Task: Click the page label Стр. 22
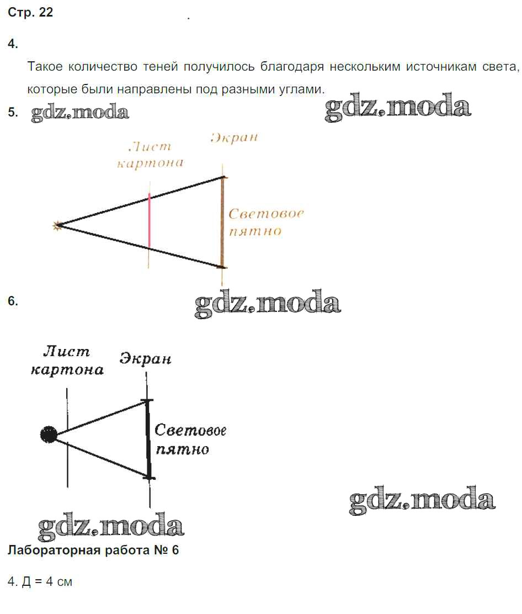point(30,13)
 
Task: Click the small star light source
point(56,225)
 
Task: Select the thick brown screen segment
point(222,222)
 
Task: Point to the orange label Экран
point(234,138)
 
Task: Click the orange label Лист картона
point(150,155)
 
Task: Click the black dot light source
point(49,435)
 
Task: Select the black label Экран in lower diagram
point(146,359)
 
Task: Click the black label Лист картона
point(67,361)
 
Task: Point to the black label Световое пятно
point(189,440)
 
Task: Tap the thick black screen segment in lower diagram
point(148,438)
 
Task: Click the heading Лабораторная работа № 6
point(93,551)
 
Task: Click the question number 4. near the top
point(13,44)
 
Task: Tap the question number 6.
point(13,301)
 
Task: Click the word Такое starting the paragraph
point(45,67)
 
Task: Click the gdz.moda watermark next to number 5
point(80,113)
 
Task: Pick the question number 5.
point(13,113)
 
